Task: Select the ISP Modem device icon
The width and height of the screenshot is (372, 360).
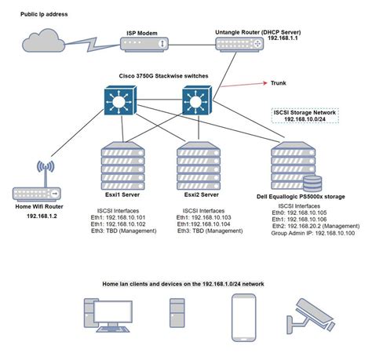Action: click(x=142, y=46)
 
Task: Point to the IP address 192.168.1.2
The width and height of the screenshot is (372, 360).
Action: click(x=36, y=215)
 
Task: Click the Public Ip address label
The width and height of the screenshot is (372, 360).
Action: click(x=45, y=13)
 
